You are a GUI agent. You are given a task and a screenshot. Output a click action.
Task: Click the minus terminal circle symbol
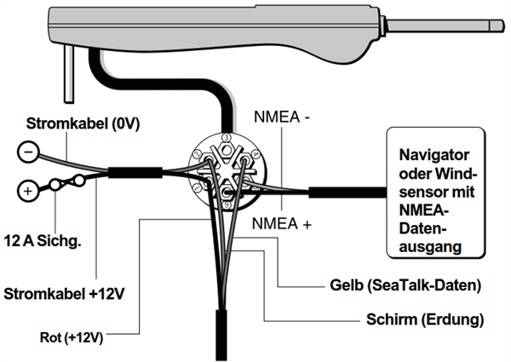point(27,153)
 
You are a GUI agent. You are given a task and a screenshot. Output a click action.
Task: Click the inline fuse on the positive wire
point(66,182)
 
